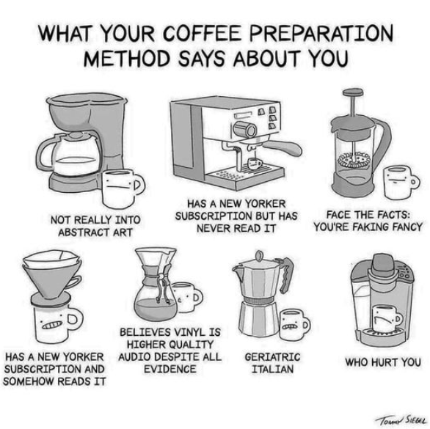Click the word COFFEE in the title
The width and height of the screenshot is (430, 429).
pos(203,33)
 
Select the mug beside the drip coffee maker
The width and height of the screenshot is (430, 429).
pos(123,188)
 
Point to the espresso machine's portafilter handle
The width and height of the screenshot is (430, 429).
pos(283,147)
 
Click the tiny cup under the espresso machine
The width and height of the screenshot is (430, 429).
pos(254,163)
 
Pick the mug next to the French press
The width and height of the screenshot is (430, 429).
pos(399,182)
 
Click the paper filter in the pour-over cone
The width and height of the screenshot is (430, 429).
pos(51,258)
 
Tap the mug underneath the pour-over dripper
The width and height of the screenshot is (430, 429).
pos(57,324)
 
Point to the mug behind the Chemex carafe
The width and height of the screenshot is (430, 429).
pos(188,297)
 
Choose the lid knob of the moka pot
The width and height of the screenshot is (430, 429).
pos(258,256)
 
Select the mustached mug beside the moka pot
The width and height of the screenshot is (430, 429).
pos(294,325)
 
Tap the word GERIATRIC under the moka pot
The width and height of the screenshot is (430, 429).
pos(272,357)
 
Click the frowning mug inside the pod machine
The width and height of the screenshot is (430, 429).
pos(387,318)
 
